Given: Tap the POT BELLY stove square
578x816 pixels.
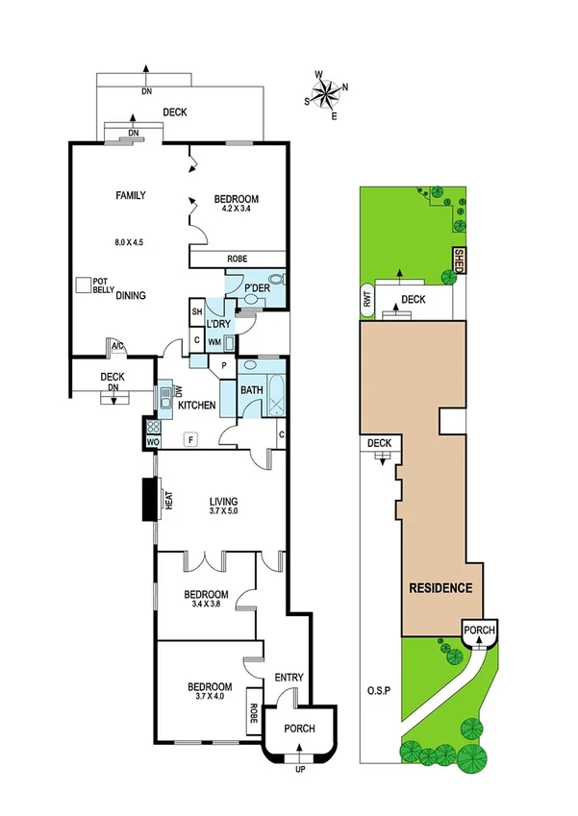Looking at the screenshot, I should [85, 285].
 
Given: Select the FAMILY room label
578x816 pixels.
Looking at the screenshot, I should [131, 195].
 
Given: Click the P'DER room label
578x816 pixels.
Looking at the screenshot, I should [256, 288].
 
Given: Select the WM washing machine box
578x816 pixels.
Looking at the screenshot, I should [214, 341].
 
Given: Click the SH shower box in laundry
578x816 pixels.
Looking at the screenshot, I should [196, 311].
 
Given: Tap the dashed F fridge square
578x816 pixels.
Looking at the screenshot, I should [191, 439].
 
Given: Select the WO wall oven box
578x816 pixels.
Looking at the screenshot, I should [152, 441].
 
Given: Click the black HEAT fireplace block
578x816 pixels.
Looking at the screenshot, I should [151, 500].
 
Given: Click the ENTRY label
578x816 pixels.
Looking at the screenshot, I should [289, 678].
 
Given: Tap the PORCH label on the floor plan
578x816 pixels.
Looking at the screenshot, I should [299, 729].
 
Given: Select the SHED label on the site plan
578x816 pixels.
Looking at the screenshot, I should [459, 260].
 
